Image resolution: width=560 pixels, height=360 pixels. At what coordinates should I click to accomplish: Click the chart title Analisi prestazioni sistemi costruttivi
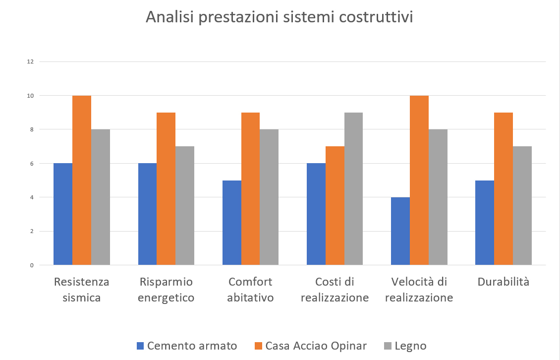click(279, 17)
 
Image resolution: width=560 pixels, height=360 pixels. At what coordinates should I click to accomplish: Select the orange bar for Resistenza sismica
click(82, 180)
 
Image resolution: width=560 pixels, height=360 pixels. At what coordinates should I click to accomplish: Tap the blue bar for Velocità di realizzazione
click(400, 231)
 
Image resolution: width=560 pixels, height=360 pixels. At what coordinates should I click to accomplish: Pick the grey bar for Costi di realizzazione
click(353, 188)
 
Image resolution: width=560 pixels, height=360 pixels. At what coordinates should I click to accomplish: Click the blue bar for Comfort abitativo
click(232, 223)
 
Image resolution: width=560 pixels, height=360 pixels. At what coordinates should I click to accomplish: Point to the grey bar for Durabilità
click(522, 205)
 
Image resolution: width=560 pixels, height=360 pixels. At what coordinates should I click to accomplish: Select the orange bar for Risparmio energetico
click(166, 188)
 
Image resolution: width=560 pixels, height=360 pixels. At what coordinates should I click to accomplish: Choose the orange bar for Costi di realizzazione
click(335, 205)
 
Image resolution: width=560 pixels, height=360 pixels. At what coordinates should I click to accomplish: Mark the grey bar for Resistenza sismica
click(101, 197)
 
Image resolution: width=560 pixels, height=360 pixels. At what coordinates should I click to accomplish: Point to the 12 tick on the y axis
click(31, 61)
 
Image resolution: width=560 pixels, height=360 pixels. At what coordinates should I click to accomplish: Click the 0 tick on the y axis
click(32, 265)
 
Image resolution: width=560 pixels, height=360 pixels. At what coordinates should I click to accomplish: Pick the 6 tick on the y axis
click(32, 163)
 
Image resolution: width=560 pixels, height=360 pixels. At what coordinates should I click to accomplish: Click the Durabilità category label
click(504, 282)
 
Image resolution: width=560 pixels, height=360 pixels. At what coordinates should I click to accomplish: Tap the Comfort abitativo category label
click(250, 290)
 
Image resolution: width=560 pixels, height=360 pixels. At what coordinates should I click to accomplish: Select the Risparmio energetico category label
click(166, 290)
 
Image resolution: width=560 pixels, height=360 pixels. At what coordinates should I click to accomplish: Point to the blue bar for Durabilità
click(485, 223)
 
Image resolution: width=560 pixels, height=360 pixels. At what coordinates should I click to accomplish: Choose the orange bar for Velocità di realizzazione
click(419, 180)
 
